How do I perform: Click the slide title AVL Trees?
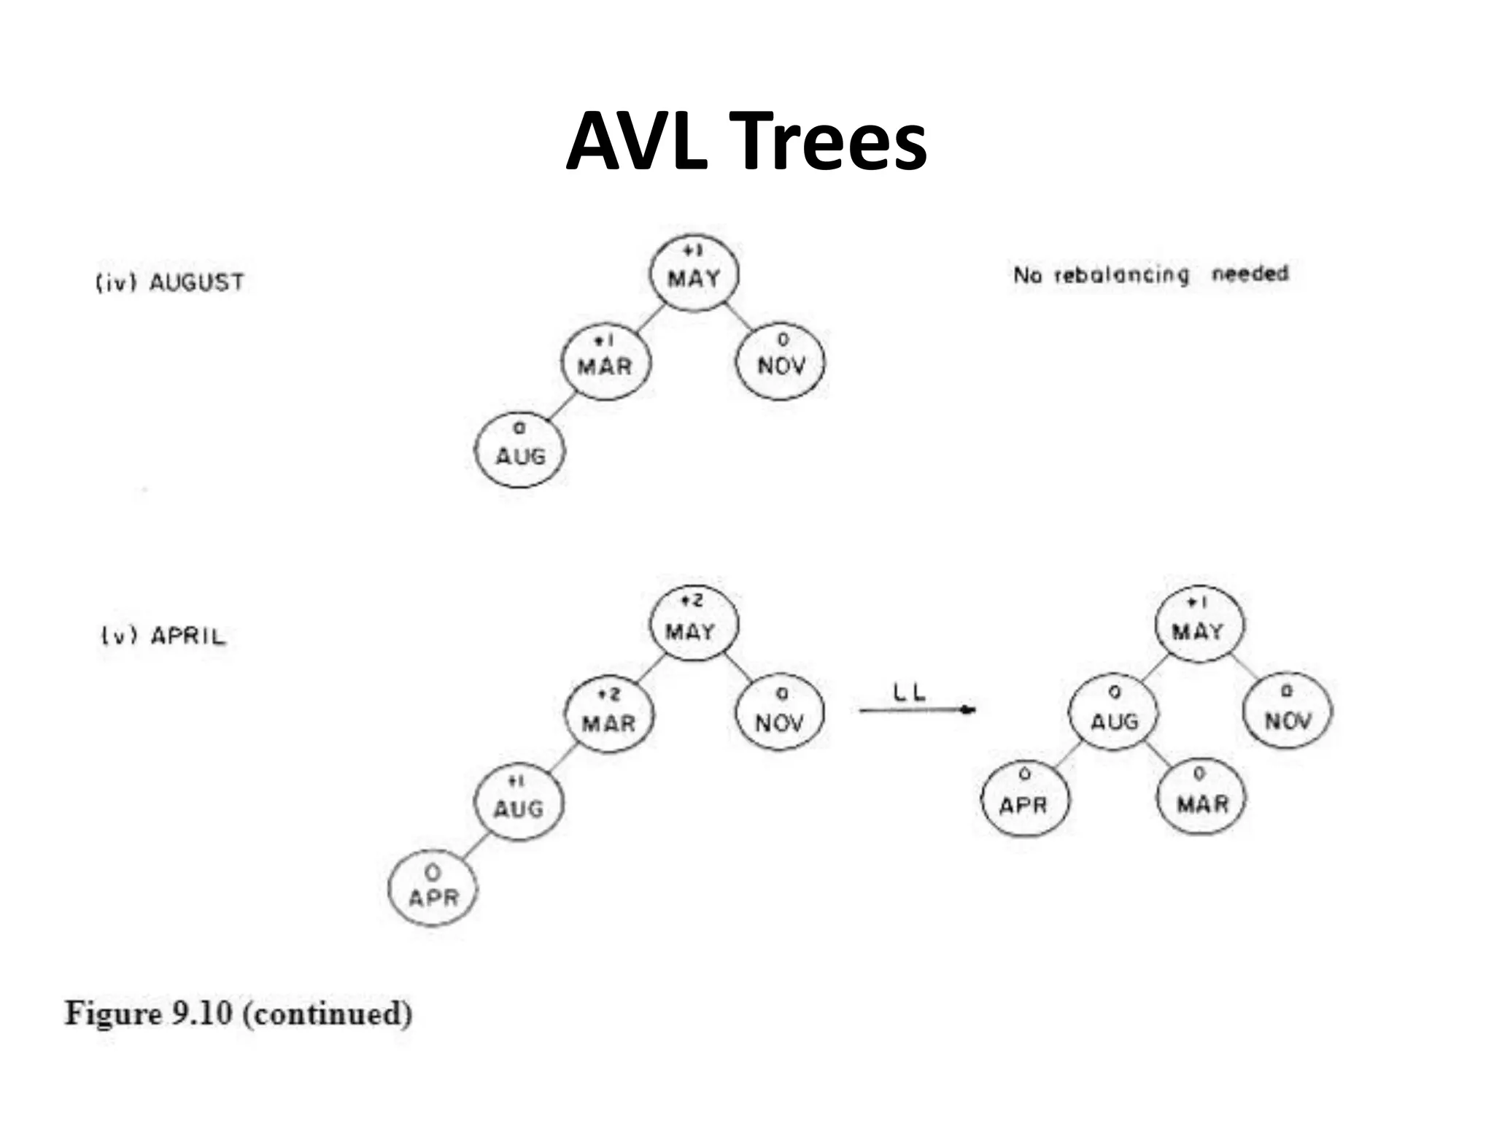point(746,141)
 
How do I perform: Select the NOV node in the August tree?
point(781,362)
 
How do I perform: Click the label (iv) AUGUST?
point(170,282)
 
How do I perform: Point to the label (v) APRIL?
point(163,636)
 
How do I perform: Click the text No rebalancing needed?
point(1150,274)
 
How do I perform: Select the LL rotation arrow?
point(917,710)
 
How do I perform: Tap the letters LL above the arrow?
point(909,692)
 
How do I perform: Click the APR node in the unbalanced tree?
point(433,888)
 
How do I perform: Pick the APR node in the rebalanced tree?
point(1024,797)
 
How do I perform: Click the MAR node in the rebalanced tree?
point(1201,796)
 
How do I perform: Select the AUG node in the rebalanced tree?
point(1114,713)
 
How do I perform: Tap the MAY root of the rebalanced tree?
point(1199,625)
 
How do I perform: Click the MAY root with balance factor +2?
point(693,624)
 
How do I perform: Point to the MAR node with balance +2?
point(609,715)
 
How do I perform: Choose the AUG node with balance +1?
point(519,802)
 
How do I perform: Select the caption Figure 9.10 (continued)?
point(239,1014)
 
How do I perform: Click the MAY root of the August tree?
point(694,273)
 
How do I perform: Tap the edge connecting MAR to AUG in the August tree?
point(562,407)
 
